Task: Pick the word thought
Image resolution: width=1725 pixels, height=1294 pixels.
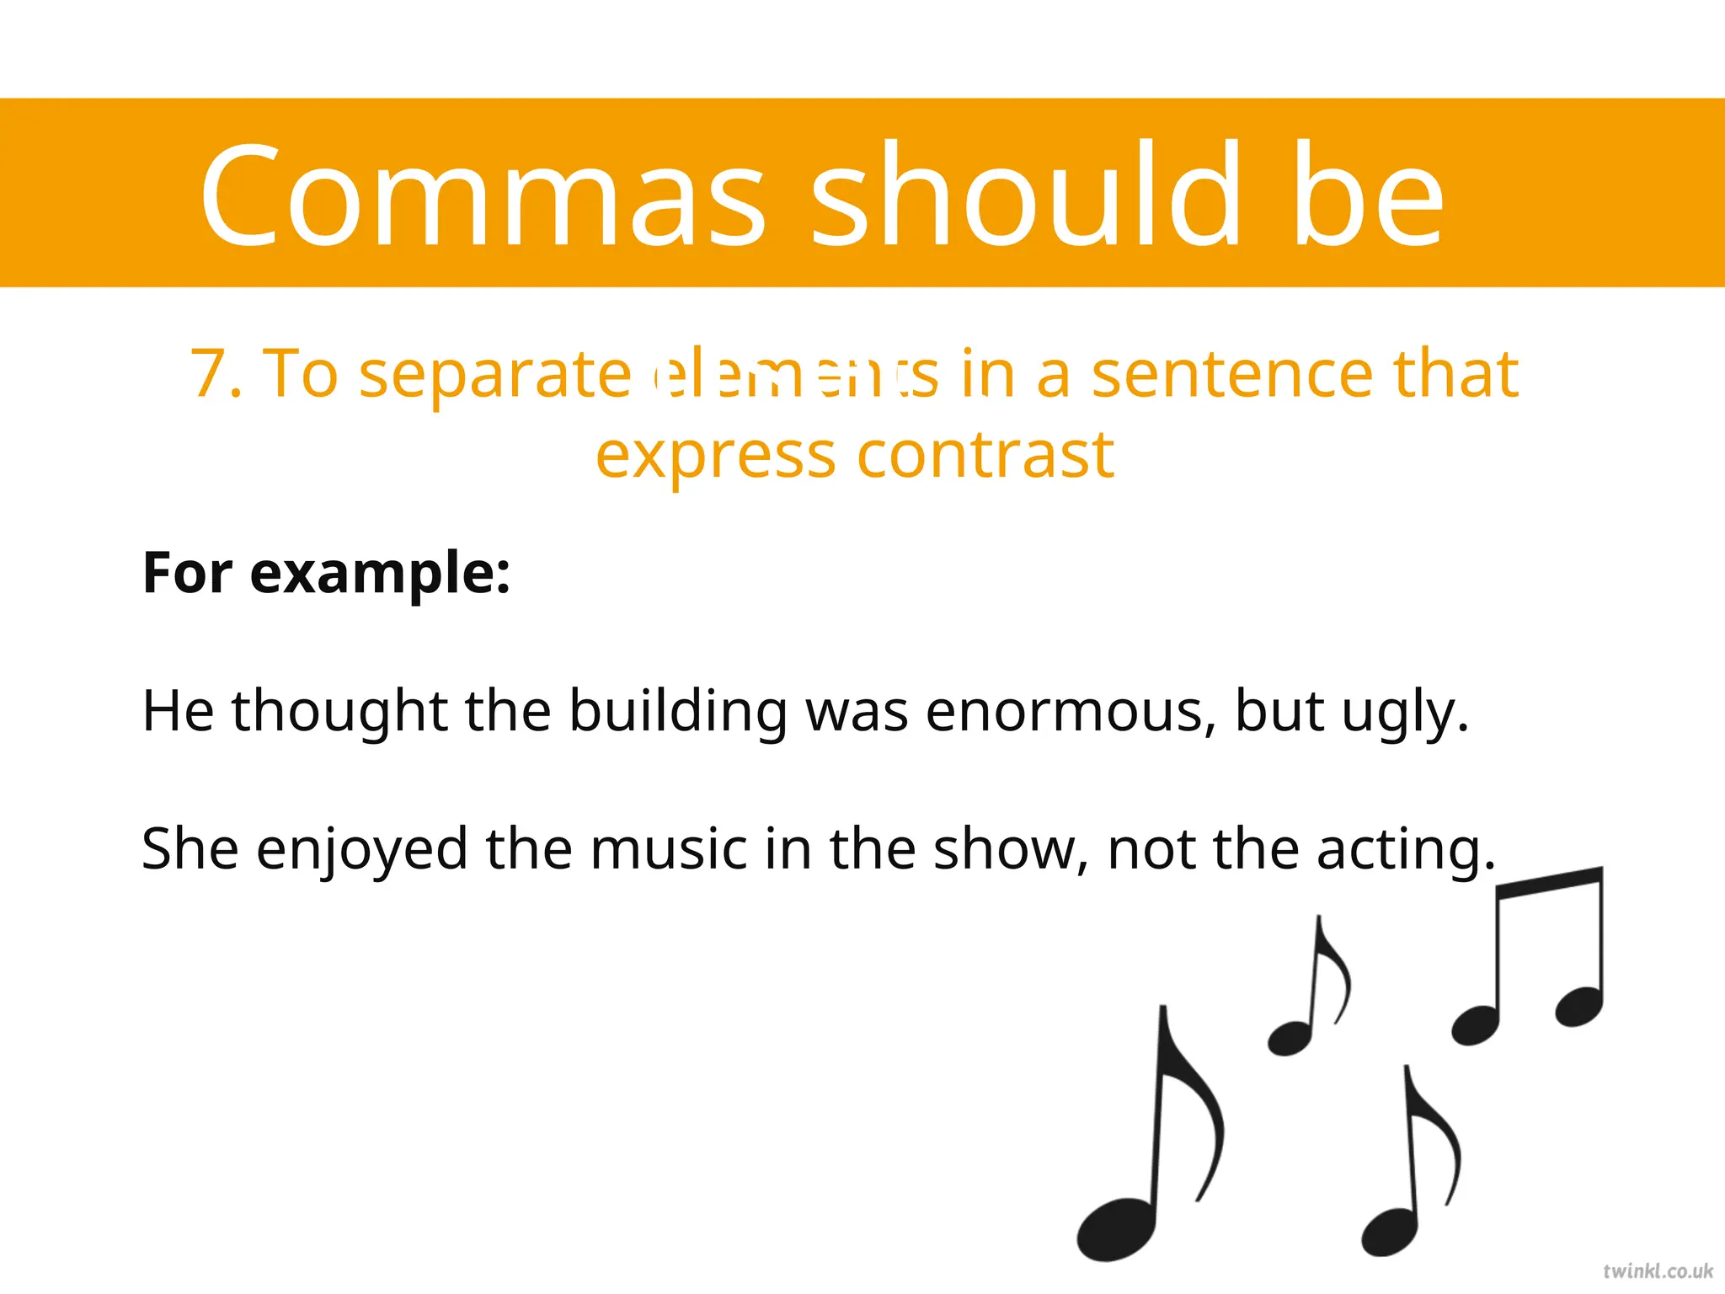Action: tap(339, 712)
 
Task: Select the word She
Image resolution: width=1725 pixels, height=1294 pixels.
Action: tap(190, 849)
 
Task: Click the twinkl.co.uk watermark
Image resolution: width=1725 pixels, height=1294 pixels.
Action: tap(1658, 1271)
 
